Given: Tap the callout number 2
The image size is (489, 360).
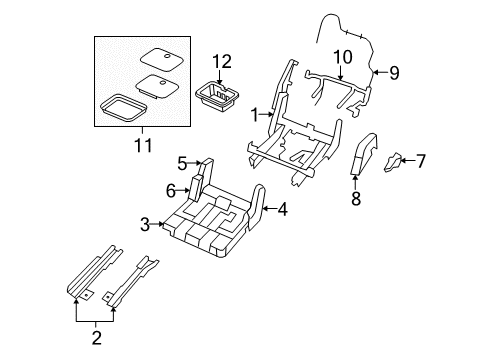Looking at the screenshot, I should point(95,338).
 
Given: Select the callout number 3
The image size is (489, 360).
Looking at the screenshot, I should point(146,225).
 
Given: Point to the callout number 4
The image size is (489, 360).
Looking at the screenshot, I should point(284,209).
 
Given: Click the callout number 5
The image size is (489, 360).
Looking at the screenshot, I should point(182,163).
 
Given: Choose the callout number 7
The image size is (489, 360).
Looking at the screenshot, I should point(420,160).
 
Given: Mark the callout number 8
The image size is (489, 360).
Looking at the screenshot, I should point(355,199).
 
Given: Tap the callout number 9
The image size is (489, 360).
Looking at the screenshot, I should point(393,72).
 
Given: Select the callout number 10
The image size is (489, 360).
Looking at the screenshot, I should point(343,57).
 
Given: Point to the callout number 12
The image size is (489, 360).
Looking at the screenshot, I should point(220,62).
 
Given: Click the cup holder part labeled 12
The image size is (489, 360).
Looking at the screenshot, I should point(218,98).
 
